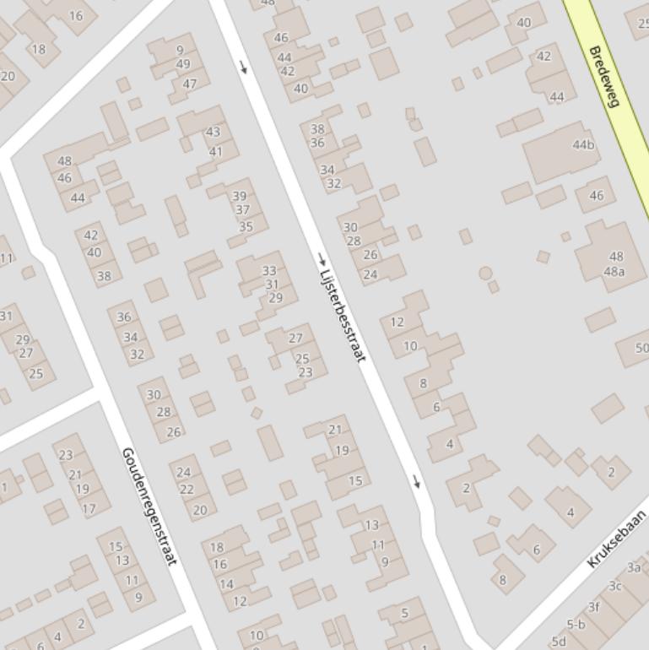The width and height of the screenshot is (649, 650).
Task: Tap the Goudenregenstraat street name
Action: [149, 506]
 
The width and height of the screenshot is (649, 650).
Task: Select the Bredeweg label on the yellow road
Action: [604, 77]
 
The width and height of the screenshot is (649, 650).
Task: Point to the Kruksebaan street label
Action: [616, 539]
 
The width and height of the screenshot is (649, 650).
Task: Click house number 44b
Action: [583, 144]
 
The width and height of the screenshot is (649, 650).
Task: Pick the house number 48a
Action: [614, 271]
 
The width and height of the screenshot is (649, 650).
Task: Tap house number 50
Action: [641, 348]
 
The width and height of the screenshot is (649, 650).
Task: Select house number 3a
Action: [634, 567]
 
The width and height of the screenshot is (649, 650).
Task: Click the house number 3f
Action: [594, 606]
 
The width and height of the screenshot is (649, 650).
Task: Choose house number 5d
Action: [558, 642]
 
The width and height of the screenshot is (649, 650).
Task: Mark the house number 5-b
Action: [576, 625]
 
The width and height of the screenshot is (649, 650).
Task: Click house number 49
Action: [183, 64]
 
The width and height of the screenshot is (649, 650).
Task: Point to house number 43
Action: [213, 132]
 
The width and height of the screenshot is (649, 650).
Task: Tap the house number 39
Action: [240, 196]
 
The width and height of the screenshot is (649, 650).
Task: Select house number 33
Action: [269, 271]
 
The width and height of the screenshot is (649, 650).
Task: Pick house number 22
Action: [187, 490]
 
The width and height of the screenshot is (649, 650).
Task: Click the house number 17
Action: [89, 509]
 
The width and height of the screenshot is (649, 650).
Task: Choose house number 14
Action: [226, 583]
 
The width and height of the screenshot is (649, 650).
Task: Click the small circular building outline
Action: [485, 273]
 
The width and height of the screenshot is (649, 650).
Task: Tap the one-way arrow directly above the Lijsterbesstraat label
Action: [322, 257]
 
